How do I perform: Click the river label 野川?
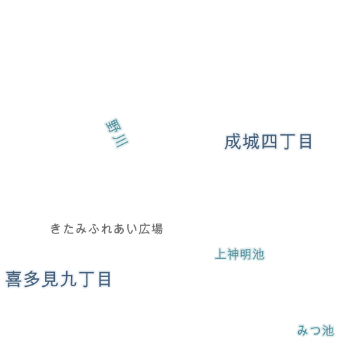(x=117, y=133)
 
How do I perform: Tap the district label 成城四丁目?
(x=268, y=142)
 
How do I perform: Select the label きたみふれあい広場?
(x=107, y=229)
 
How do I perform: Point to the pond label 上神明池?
(x=240, y=254)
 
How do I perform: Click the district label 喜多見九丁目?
(x=58, y=279)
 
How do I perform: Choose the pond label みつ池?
(x=316, y=330)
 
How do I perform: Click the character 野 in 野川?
(x=113, y=126)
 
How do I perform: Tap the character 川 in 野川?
(x=120, y=141)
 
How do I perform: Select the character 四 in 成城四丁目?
(x=269, y=142)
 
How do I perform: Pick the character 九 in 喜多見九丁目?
(x=68, y=279)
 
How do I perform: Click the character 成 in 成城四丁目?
(x=233, y=142)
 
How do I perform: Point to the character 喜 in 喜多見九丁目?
(x=13, y=279)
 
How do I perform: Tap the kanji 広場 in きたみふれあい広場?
(x=150, y=229)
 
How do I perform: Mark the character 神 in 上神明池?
(x=233, y=254)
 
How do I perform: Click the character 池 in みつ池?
(x=328, y=330)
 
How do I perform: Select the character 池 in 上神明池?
(x=258, y=254)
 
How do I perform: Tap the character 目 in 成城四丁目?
(x=306, y=142)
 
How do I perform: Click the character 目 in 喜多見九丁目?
(x=104, y=279)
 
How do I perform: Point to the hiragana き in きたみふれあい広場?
(x=56, y=229)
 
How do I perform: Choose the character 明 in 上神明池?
(x=245, y=254)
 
